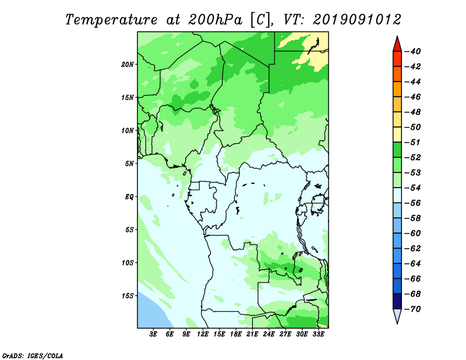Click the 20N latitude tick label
tap(127, 65)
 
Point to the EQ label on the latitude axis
tap(129, 197)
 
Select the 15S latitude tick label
tap(127, 296)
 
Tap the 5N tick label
tap(129, 164)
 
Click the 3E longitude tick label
tap(153, 334)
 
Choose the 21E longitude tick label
tap(252, 334)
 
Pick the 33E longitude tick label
tap(318, 334)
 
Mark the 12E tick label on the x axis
tap(203, 334)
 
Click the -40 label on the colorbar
tap(413, 51)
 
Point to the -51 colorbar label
tap(413, 142)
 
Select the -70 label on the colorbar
tap(413, 309)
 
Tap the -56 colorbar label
tap(413, 203)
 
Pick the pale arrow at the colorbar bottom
tap(397, 315)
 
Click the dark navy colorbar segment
tap(397, 301)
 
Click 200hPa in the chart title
tap(215, 20)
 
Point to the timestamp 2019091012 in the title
tap(357, 20)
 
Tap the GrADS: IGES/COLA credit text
tap(33, 355)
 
